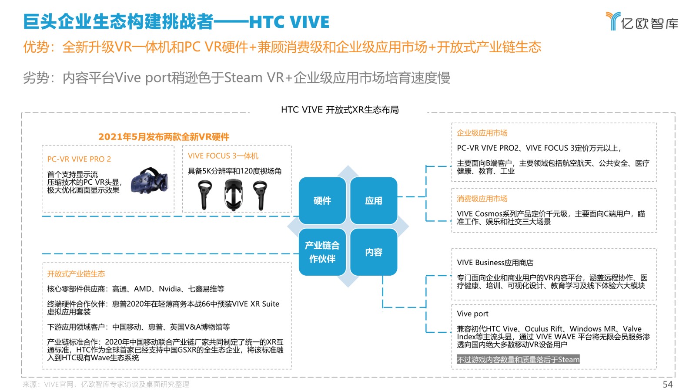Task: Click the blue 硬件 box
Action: click(322, 201)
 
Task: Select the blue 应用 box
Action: click(374, 201)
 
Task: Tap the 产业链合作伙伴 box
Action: click(322, 252)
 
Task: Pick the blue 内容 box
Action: click(374, 252)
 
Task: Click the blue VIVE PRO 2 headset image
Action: click(150, 181)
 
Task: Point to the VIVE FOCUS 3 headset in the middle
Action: click(233, 195)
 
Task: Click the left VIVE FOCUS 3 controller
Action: click(204, 196)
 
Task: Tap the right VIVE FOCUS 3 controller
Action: click(260, 196)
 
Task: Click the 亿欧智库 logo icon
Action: click(613, 21)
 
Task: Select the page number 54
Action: click(667, 384)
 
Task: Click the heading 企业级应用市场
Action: click(482, 133)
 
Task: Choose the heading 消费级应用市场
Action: click(482, 199)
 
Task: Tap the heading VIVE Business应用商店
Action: click(495, 263)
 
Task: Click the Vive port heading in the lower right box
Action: click(472, 314)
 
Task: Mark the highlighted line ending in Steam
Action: click(518, 360)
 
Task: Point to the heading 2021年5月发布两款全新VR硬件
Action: click(164, 137)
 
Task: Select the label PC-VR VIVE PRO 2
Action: click(79, 159)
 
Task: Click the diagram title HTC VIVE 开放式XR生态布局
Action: click(340, 110)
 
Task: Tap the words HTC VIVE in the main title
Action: click(289, 22)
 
